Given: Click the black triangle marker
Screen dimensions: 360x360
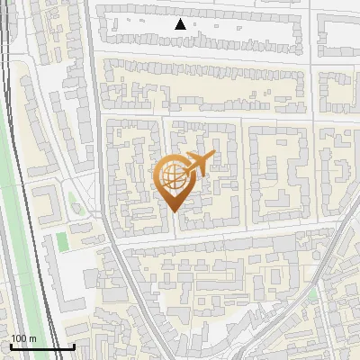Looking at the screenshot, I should [180, 24].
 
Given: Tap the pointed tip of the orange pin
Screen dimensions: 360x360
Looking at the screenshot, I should [175, 211].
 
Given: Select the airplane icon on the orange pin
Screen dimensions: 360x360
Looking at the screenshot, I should [197, 164].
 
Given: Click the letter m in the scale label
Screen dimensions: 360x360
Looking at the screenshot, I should [33, 338].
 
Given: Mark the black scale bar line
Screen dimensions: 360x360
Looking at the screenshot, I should [41, 346].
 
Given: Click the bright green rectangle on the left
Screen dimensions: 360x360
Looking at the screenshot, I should [62, 241].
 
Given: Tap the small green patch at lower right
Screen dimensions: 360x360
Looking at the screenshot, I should [312, 294].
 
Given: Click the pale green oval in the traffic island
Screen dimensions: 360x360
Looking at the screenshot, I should [76, 209].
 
